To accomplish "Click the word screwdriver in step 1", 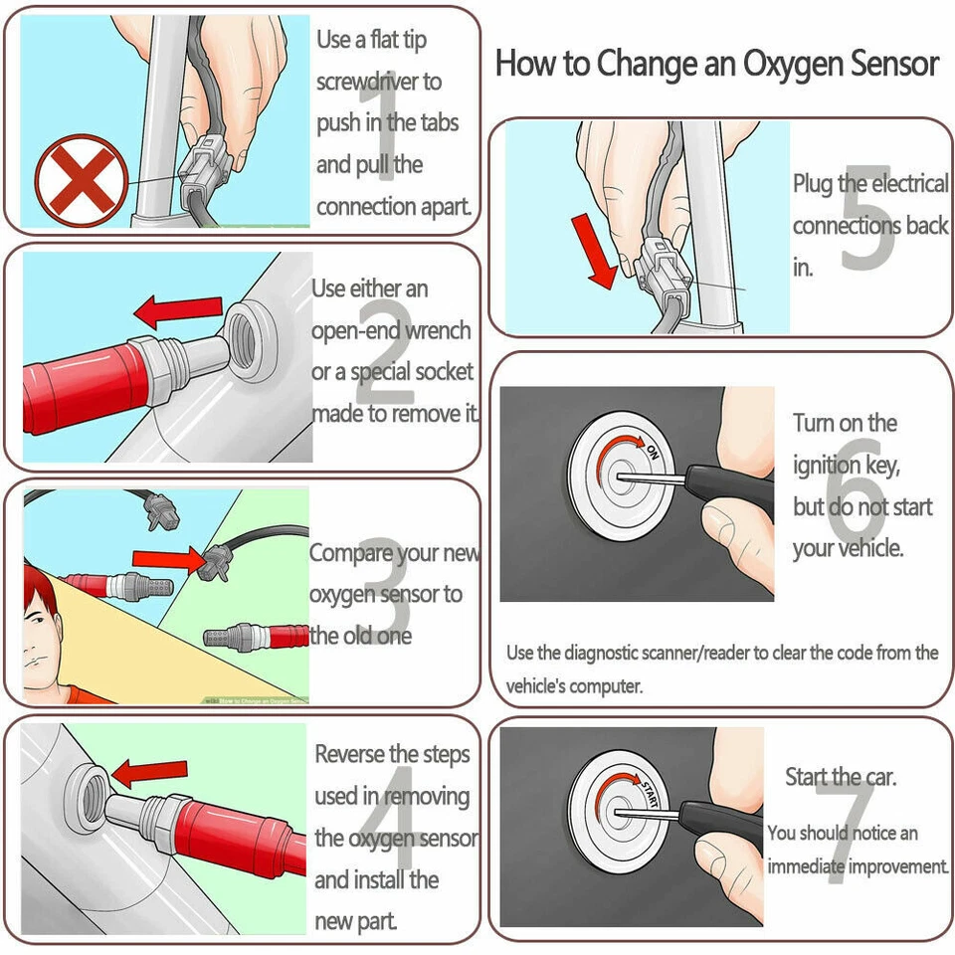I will pos(378,82).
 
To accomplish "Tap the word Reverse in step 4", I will pos(350,755).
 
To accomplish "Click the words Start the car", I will pos(841,777).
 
